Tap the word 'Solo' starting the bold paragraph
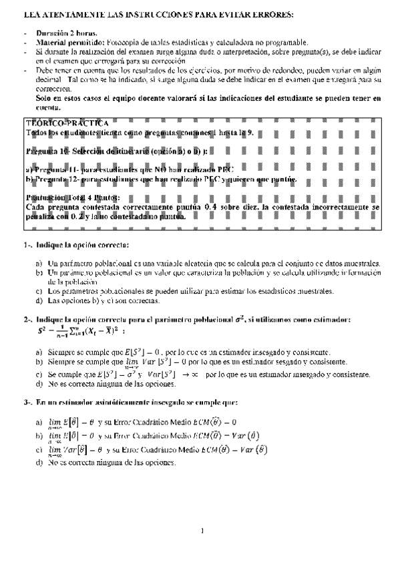click(44, 97)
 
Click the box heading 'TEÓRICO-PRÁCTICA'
click(67, 123)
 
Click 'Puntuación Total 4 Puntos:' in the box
click(73, 198)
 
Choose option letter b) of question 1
click(39, 274)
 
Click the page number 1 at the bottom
click(201, 532)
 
